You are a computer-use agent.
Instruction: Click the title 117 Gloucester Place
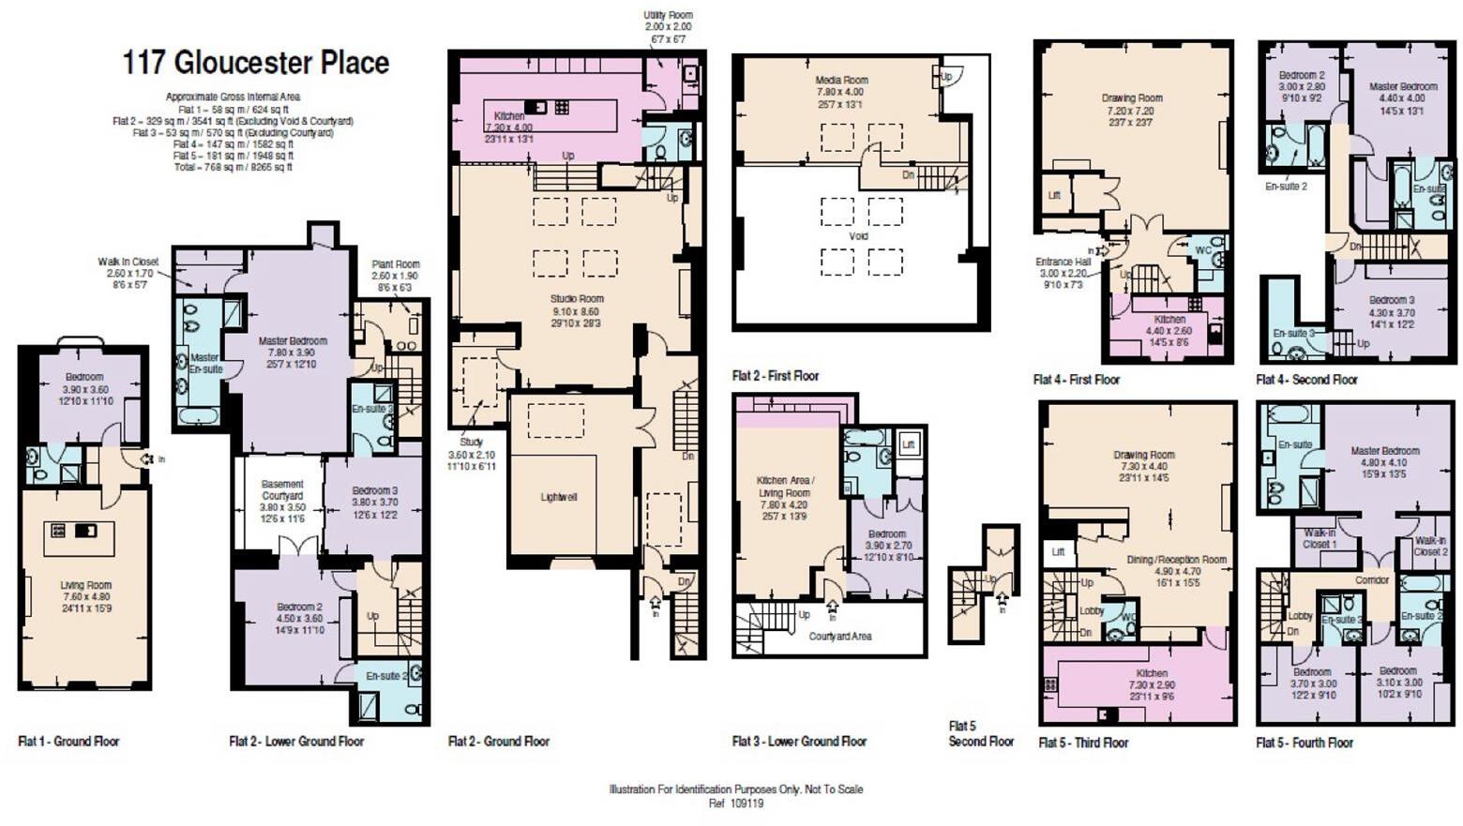[255, 63]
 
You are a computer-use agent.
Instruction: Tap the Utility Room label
[668, 16]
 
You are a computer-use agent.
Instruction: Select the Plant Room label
[395, 264]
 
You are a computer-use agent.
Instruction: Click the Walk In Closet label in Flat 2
[128, 262]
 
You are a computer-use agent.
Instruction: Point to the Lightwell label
[558, 497]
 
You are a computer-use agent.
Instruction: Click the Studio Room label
[577, 299]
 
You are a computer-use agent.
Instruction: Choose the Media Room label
[841, 81]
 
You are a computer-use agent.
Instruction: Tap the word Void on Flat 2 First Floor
[858, 236]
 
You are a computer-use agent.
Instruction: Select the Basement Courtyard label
[282, 490]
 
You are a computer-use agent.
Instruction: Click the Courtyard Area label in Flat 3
[839, 636]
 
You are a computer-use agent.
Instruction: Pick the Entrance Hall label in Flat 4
[1063, 263]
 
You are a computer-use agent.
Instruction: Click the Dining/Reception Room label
[1176, 560]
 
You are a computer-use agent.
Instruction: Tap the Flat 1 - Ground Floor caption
[68, 742]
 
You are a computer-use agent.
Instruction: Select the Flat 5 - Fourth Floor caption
[1305, 743]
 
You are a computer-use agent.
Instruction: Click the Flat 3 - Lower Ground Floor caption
[799, 742]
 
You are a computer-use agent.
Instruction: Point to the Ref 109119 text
[735, 803]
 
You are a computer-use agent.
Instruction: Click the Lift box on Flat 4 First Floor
[1054, 196]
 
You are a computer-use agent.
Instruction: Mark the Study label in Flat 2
[471, 442]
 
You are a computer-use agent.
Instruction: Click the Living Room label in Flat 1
[85, 585]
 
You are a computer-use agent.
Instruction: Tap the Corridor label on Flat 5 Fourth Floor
[1371, 580]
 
